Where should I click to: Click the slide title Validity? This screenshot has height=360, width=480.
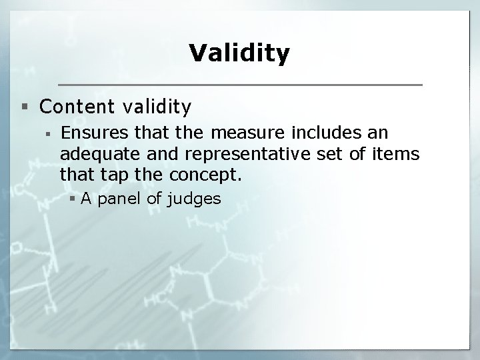point(239,53)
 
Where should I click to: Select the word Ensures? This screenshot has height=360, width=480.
point(91,132)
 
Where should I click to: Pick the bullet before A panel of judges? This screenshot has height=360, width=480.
point(75,198)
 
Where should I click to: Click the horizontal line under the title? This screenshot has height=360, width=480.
point(239,85)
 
